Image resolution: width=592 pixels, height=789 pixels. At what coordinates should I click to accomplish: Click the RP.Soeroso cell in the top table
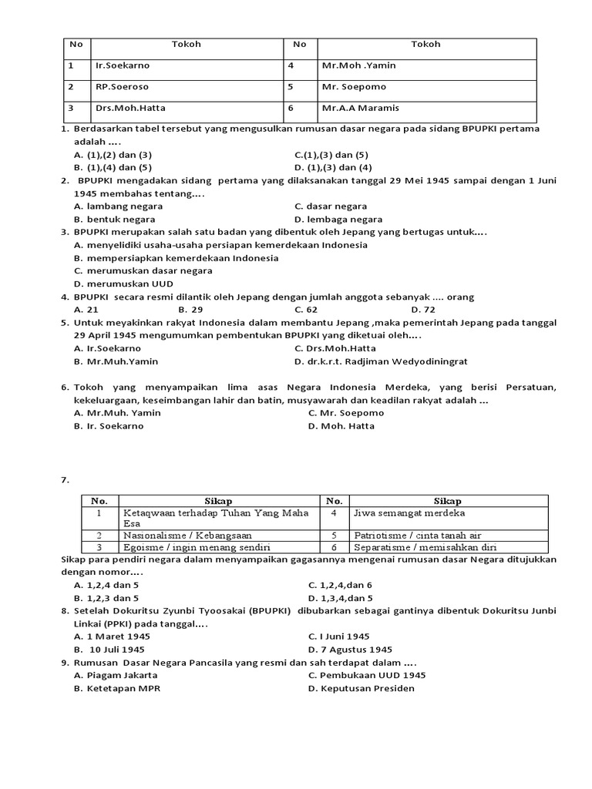point(123,87)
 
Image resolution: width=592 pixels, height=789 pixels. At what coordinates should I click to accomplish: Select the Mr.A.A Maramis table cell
point(361,108)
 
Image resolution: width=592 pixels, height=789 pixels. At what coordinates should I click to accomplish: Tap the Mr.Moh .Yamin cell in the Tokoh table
point(359,65)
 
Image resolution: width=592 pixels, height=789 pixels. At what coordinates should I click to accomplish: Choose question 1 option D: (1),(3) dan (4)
point(333,166)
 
